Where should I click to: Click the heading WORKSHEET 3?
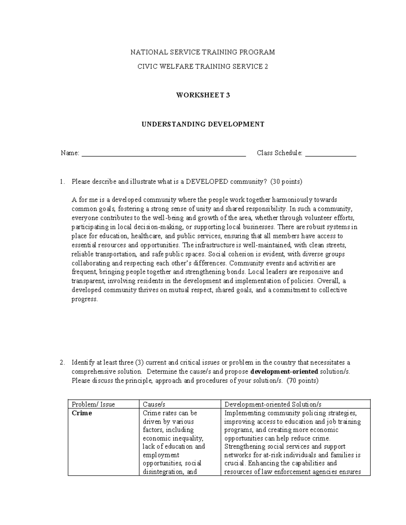pyautogui.click(x=203, y=95)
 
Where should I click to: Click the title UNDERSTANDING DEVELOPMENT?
pyautogui.click(x=203, y=124)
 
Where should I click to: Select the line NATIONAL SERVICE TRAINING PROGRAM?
pyautogui.click(x=203, y=52)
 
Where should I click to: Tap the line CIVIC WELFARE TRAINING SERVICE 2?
pyautogui.click(x=203, y=67)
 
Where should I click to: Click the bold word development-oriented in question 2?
pyautogui.click(x=284, y=372)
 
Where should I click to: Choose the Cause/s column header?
pyautogui.click(x=154, y=404)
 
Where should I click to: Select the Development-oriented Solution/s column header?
pyautogui.click(x=273, y=404)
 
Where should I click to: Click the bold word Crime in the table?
pyautogui.click(x=82, y=413)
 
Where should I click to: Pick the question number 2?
pyautogui.click(x=62, y=363)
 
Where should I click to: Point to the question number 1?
pyautogui.click(x=62, y=182)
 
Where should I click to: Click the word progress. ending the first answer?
pyautogui.click(x=85, y=299)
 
